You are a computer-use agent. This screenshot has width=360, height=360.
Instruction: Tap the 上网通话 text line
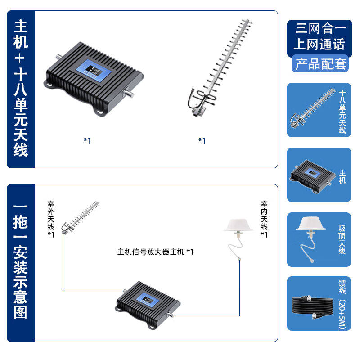click(x=319, y=44)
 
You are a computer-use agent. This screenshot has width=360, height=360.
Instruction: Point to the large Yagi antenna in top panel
click(x=217, y=67)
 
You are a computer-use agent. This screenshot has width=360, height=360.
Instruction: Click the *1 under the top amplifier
click(x=87, y=140)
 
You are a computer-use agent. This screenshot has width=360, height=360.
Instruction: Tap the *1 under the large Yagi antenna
click(x=202, y=140)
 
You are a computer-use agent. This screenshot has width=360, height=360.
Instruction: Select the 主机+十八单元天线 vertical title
click(x=21, y=88)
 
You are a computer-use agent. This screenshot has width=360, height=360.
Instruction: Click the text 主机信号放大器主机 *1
click(x=155, y=252)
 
